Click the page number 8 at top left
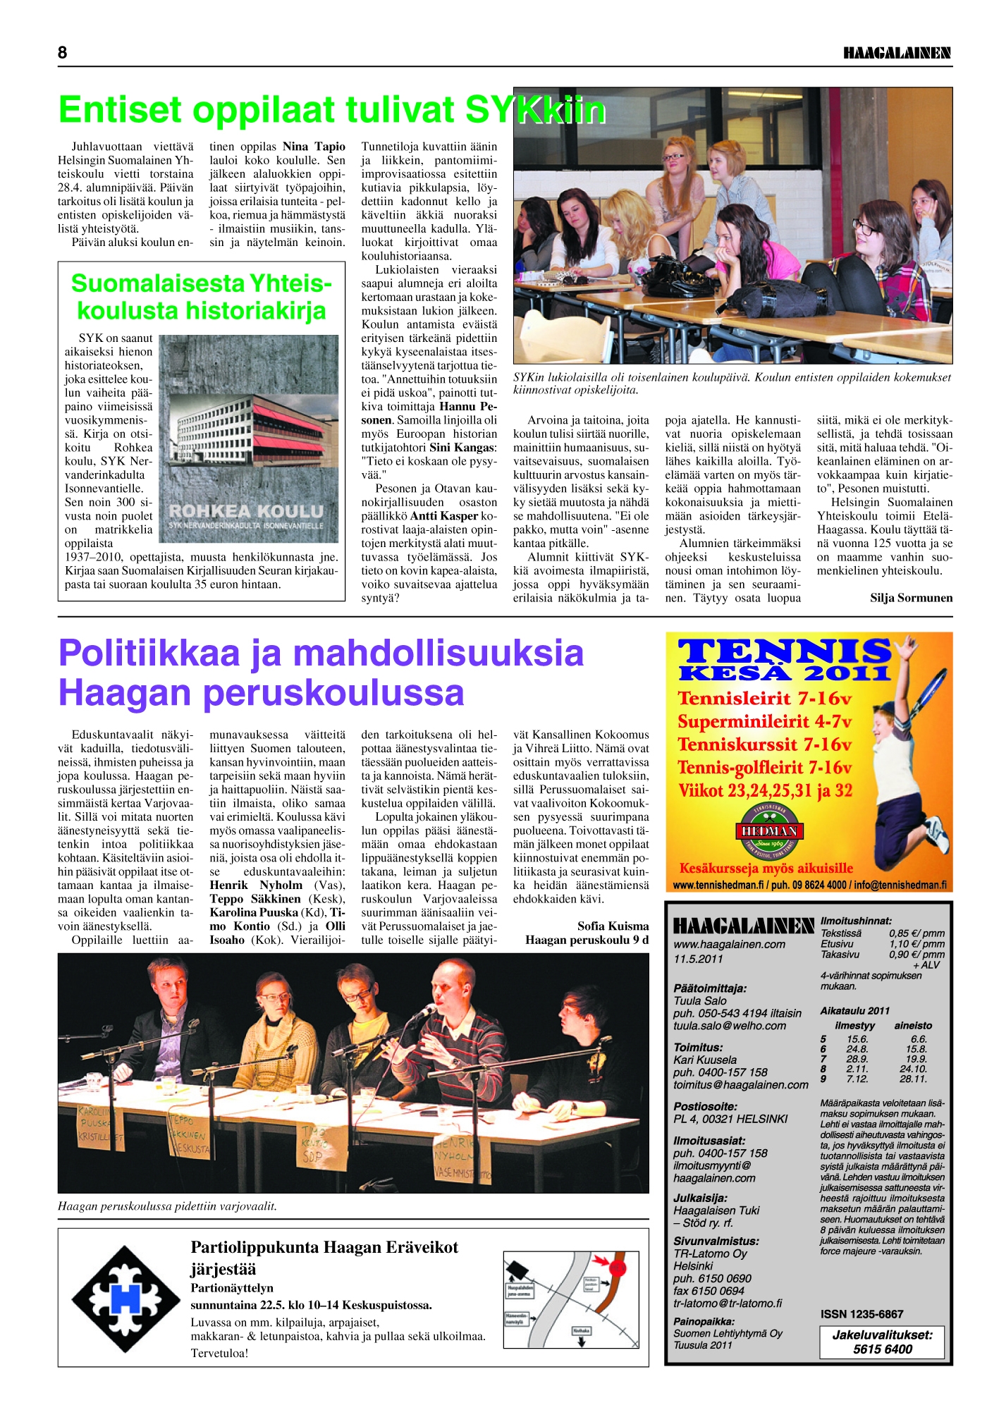click(63, 53)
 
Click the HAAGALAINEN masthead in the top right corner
click(897, 53)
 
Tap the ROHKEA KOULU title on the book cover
click(246, 510)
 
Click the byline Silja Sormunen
click(911, 598)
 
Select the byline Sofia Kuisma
click(613, 926)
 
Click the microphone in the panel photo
click(422, 1014)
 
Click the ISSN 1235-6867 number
click(862, 1314)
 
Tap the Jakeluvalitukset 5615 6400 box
click(882, 1342)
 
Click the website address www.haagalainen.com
click(729, 944)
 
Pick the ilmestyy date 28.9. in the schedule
click(857, 1059)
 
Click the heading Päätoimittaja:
click(710, 988)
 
